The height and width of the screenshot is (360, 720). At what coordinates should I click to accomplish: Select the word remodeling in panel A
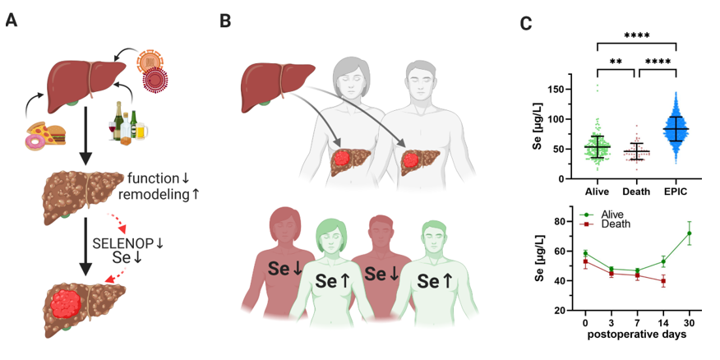coord(149,194)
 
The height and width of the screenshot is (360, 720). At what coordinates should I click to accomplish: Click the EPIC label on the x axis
coord(676,192)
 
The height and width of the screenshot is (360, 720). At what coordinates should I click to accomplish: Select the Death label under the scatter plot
coord(635,192)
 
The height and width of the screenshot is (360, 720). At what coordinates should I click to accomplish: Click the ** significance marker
coord(615,61)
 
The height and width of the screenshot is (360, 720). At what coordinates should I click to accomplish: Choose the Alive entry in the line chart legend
coord(612,214)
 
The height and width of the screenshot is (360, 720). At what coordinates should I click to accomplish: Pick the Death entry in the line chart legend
coord(613,224)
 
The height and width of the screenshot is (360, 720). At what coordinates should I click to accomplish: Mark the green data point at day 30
coord(689,233)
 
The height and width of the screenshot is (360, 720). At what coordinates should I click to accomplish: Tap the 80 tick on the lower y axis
coord(565,221)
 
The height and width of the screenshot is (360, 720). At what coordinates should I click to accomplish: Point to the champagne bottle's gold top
coord(117,108)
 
